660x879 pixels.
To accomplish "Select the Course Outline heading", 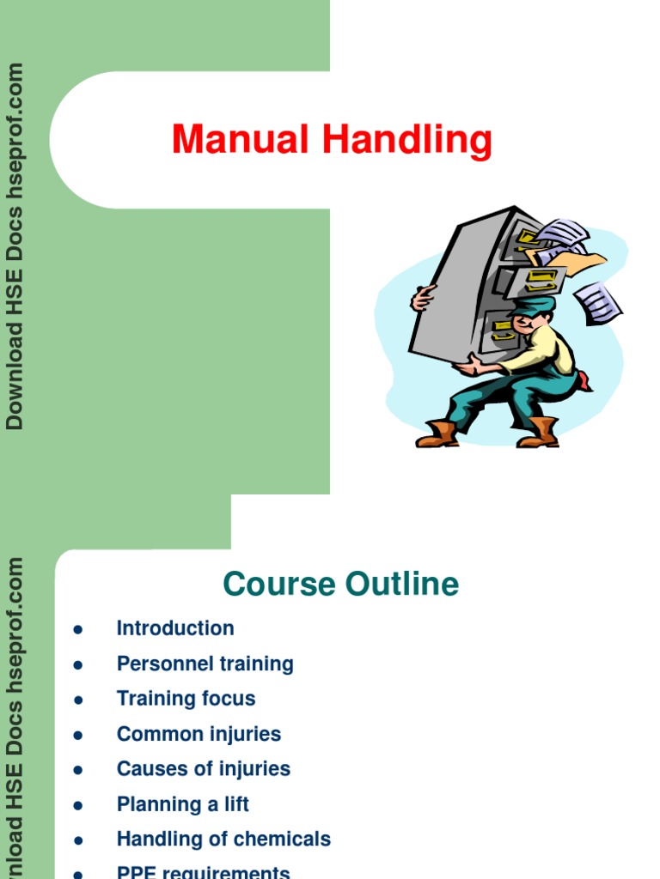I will coord(340,585).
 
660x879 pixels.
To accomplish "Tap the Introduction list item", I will coord(175,628).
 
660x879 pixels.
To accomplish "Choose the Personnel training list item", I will coord(205,664).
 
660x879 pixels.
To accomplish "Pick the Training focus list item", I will coord(186,699).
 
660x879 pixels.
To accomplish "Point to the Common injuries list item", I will coord(199,734).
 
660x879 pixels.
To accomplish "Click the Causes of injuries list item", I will coord(204,769).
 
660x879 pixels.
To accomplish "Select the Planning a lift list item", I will coord(183,804).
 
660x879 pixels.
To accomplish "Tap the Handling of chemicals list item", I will coord(223,840).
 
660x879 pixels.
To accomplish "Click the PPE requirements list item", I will coord(204,871).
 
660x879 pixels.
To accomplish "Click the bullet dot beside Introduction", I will coord(78,629).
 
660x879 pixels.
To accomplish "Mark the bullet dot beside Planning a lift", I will coord(78,805).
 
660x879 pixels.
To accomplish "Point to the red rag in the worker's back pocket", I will coord(584,380).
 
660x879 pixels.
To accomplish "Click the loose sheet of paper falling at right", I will coord(598,303).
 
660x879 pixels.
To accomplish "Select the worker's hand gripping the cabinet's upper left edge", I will coord(423,299).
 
